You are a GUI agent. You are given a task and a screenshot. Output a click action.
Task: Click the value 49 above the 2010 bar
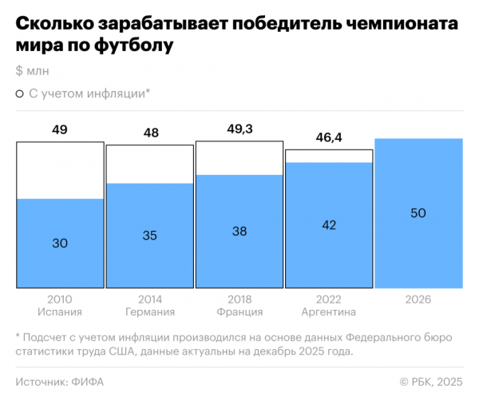(60, 129)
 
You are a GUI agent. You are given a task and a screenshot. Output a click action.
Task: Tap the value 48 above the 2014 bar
(150, 133)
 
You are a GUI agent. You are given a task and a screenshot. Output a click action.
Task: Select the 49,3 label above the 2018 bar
(239, 129)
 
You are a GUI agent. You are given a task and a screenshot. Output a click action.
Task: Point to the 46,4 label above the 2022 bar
(328, 137)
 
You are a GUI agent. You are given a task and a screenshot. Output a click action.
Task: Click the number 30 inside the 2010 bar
(60, 243)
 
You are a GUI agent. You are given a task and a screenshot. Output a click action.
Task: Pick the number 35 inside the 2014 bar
(150, 235)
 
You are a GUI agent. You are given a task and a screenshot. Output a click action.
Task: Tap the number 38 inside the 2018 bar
(239, 231)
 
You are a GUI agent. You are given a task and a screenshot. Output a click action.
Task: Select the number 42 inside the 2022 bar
(328, 224)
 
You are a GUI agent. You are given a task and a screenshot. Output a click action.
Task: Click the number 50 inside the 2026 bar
(418, 213)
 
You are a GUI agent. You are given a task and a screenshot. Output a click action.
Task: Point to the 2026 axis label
(418, 299)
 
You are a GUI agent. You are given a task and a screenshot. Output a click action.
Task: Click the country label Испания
(60, 312)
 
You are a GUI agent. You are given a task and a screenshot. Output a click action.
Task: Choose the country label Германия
(150, 312)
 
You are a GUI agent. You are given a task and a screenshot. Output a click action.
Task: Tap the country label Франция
(239, 312)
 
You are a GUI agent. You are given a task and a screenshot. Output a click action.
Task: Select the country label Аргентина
(328, 312)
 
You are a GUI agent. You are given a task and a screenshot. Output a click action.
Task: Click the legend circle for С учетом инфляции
(19, 93)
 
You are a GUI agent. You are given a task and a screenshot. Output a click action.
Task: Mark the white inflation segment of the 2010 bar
(60, 170)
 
